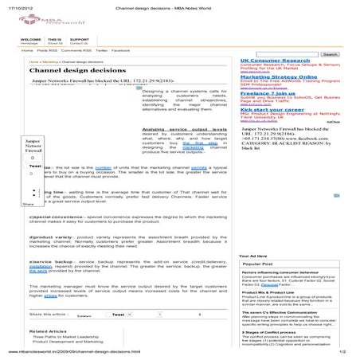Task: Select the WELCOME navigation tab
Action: [x=30, y=38]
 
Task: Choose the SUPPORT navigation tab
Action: [x=79, y=38]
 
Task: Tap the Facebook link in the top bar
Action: [x=120, y=49]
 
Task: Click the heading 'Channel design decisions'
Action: [x=70, y=70]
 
